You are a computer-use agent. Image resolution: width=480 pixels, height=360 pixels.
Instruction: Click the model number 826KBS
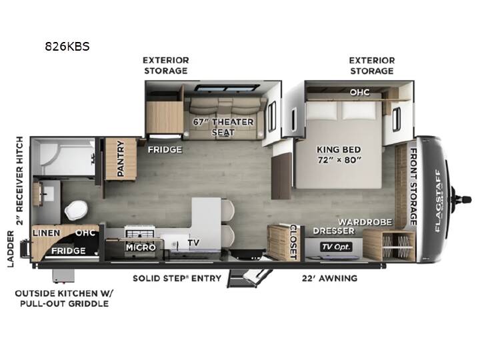67,47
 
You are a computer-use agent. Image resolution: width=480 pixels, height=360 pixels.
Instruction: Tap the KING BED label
339,149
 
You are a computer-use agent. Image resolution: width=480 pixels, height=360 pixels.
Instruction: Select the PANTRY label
121,159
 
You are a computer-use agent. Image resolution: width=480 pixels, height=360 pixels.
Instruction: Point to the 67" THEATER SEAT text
223,127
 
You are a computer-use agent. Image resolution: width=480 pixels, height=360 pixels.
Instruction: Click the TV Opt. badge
336,247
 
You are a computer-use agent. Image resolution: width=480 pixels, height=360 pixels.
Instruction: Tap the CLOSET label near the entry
293,242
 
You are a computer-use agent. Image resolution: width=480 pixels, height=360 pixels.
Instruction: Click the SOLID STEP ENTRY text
177,278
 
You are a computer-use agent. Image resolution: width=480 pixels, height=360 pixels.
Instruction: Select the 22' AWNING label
330,278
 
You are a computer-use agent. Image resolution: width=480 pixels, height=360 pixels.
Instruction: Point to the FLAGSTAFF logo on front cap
438,201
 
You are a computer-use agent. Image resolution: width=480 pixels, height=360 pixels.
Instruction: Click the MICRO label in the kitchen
141,247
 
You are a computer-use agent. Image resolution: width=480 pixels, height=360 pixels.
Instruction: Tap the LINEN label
47,233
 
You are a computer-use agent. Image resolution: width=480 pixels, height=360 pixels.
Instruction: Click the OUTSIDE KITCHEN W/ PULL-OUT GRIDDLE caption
64,299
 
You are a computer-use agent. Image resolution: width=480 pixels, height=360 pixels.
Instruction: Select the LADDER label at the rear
11,249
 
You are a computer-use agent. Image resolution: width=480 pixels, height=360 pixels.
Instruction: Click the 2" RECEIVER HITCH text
19,181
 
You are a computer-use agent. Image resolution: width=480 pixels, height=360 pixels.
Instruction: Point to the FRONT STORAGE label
413,187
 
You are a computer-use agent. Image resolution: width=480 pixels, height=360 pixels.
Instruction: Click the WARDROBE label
365,222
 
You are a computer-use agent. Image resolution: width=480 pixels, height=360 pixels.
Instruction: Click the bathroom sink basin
47,194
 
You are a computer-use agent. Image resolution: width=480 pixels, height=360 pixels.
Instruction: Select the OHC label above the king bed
360,92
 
